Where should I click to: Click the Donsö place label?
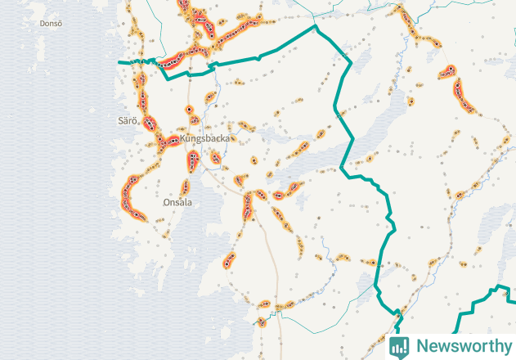(51, 24)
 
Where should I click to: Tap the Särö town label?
(127, 121)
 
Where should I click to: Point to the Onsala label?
(177, 202)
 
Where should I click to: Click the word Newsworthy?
(462, 346)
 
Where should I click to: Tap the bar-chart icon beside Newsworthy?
(400, 346)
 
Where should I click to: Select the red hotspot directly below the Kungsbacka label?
(192, 161)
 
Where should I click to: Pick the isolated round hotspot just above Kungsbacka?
(190, 109)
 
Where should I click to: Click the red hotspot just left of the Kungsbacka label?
(170, 142)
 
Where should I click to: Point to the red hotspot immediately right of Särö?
(150, 124)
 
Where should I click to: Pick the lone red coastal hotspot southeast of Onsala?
(229, 262)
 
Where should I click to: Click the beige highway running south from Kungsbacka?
(274, 270)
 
